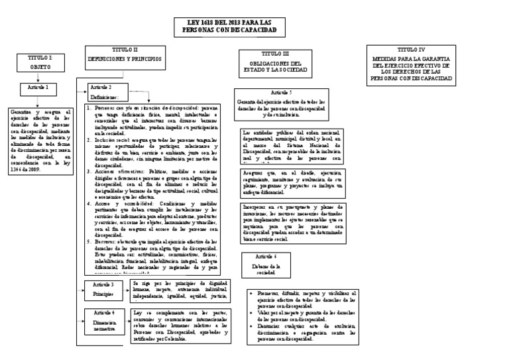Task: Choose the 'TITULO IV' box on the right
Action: pos(412,64)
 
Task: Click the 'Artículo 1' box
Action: pos(37,88)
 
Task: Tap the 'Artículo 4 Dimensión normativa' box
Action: pos(103,321)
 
